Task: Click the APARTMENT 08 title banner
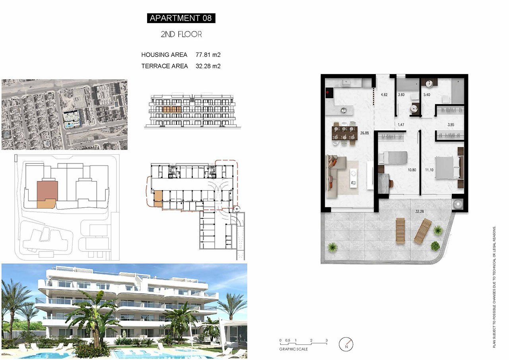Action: point(181,18)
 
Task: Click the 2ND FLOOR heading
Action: point(181,34)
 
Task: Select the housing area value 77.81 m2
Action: point(208,55)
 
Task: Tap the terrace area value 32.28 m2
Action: point(208,66)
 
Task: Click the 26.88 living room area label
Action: point(365,133)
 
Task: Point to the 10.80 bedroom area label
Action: point(412,170)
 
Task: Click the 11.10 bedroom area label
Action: point(429,170)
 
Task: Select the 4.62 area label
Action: point(384,95)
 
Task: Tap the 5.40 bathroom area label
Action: point(427,95)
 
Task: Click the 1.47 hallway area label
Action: point(401,125)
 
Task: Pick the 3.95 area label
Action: point(451,125)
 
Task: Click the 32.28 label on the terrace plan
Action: point(420,211)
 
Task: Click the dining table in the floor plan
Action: point(344,133)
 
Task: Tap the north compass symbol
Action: point(346,344)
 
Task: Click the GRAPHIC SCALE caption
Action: point(293,349)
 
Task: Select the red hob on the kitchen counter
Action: point(329,93)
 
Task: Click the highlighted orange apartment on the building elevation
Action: point(172,109)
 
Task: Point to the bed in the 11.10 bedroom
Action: point(449,168)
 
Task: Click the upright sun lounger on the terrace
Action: point(400,231)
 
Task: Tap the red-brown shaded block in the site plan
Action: point(47,190)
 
